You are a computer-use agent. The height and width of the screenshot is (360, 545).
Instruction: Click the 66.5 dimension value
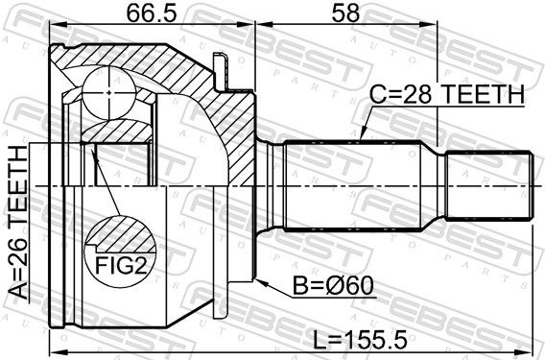coord(152,13)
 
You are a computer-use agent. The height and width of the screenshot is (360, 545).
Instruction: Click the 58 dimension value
coord(345,13)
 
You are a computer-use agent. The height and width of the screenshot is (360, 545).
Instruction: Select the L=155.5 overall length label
coord(360,340)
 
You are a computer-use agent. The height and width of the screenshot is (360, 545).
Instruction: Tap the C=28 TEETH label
coord(446,94)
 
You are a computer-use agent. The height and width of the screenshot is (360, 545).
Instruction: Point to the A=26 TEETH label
coord(17,222)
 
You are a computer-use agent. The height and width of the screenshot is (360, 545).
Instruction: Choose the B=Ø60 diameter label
coord(333,286)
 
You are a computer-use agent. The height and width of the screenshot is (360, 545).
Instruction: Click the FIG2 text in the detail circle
coord(121,265)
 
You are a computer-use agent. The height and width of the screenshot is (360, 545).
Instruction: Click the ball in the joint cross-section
coord(108,93)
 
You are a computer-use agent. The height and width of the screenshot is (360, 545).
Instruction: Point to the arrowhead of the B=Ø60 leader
coord(261,282)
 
